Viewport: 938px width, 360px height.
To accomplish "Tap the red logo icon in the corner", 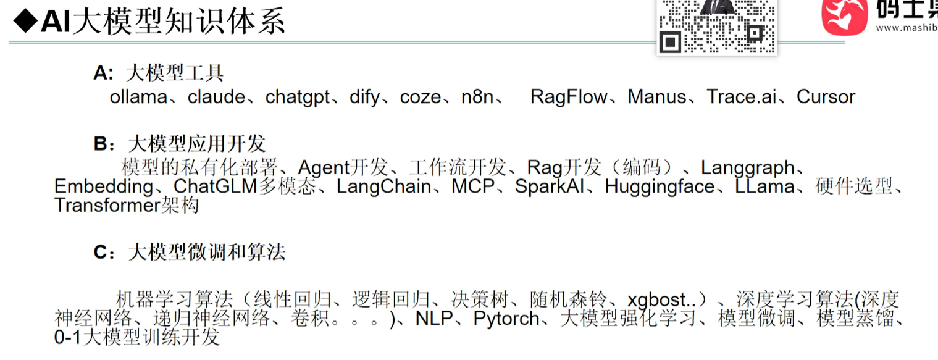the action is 844,17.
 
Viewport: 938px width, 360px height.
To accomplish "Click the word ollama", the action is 138,97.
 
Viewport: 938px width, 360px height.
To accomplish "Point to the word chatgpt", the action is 298,98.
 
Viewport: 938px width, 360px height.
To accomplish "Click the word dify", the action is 364,98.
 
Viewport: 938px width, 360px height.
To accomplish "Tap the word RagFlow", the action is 568,97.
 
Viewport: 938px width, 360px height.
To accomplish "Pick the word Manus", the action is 657,97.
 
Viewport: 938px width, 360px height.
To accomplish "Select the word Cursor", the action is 826,97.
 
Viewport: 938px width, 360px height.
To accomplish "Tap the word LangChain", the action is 383,186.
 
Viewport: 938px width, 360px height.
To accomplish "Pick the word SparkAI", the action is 551,186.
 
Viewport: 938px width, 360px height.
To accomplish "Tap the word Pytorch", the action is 508,319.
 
